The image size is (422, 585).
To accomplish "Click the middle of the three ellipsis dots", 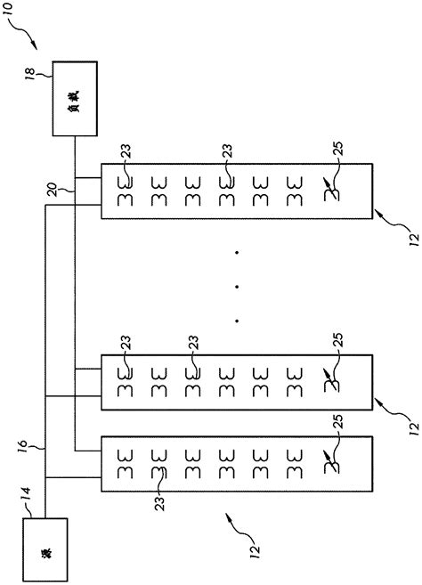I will coord(237,287).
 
